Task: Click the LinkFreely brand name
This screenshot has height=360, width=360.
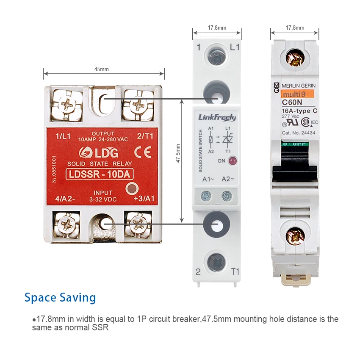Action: coord(217,117)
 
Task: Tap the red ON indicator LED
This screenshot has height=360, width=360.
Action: coord(232,161)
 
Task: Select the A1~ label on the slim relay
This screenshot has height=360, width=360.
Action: coord(208,179)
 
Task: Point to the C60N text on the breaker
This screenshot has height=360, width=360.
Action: coord(291,102)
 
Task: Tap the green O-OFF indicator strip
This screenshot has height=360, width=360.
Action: coord(294,144)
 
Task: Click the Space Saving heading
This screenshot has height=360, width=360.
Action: coord(60,297)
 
